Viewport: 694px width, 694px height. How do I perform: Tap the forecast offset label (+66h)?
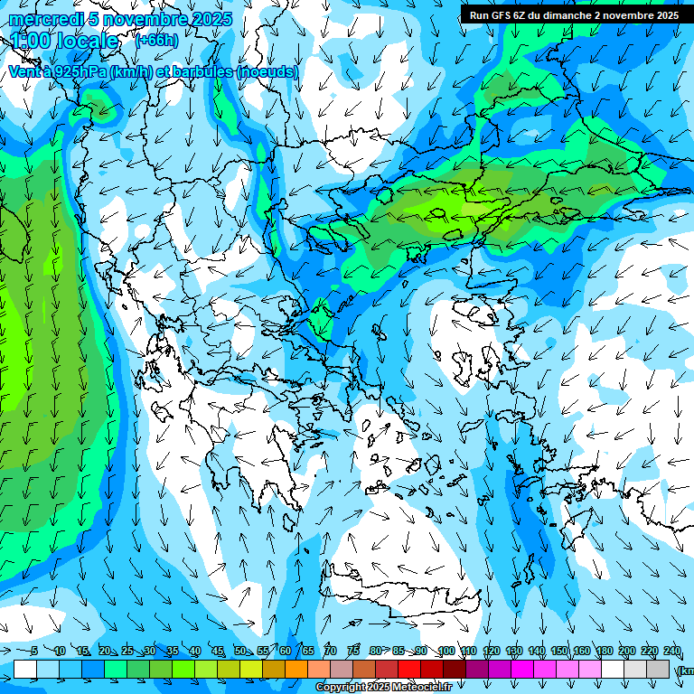click(x=156, y=40)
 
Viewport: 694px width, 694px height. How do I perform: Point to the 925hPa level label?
click(x=78, y=71)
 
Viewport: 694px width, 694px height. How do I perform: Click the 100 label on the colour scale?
click(x=445, y=651)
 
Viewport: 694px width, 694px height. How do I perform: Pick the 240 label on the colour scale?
click(x=672, y=651)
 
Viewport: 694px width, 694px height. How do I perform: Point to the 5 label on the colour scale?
click(x=34, y=651)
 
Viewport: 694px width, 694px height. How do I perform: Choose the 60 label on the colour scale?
click(x=286, y=651)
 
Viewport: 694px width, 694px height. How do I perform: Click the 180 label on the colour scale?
click(x=604, y=651)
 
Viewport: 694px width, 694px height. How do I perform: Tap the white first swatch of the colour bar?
click(x=25, y=669)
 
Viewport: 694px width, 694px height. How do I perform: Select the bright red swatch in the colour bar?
click(x=409, y=669)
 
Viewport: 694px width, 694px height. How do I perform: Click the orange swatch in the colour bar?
click(x=296, y=669)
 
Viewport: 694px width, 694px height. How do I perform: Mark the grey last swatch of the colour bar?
click(x=658, y=669)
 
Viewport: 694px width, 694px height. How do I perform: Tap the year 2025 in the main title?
click(x=211, y=19)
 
